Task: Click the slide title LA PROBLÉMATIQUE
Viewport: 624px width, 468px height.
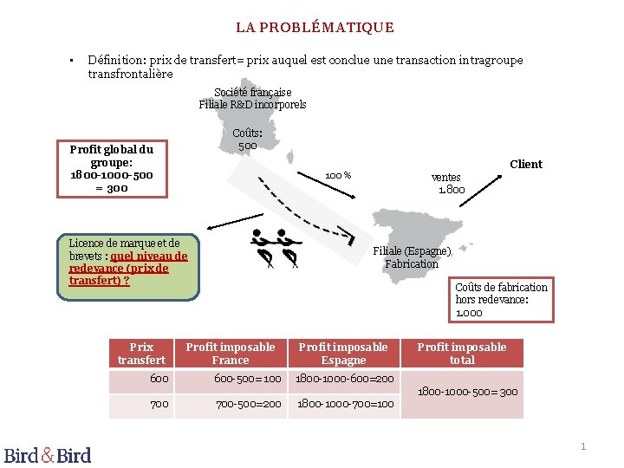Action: click(315, 28)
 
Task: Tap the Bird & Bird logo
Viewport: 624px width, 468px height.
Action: click(48, 454)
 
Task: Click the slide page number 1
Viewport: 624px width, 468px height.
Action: click(583, 446)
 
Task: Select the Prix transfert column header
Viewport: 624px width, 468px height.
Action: click(141, 354)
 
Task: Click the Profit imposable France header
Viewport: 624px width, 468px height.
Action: click(231, 354)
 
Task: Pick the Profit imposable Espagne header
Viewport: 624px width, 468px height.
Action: click(344, 354)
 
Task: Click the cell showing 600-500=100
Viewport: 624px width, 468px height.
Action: click(248, 379)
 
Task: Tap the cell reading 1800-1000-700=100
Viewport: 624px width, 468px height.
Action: click(345, 404)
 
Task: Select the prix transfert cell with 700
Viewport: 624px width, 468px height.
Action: click(159, 404)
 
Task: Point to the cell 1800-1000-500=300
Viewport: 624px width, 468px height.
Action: click(468, 392)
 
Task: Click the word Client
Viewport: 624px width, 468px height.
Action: click(526, 164)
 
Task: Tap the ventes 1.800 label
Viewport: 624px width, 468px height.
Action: click(448, 183)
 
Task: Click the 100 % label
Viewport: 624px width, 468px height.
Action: click(338, 176)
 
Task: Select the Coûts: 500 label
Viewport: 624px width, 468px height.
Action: click(247, 139)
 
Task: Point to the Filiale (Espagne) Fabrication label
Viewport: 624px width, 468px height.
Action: click(412, 257)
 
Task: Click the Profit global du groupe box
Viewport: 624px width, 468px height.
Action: click(111, 168)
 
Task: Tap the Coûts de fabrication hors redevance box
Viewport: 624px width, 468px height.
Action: click(502, 299)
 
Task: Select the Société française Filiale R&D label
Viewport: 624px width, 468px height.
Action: click(252, 98)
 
